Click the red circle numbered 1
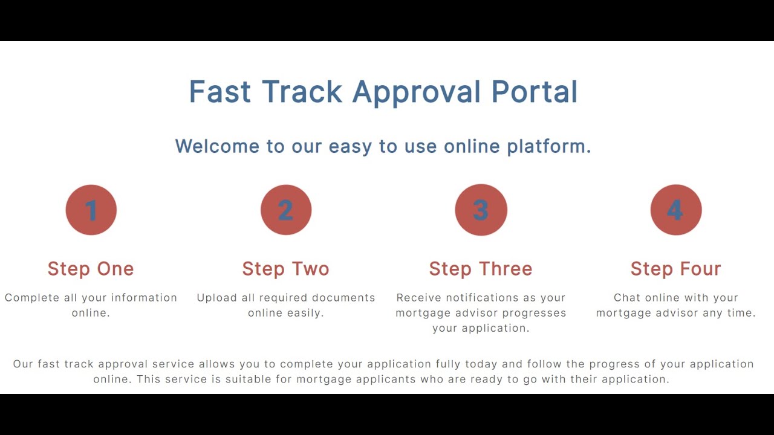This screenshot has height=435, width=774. [91, 210]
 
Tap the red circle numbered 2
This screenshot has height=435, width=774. [286, 210]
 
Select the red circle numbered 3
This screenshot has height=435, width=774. [481, 210]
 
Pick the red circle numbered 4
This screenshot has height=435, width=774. [676, 210]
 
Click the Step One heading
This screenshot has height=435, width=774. [91, 269]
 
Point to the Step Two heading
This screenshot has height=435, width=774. [286, 269]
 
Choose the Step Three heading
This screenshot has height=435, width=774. [481, 269]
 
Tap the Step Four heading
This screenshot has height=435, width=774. [676, 269]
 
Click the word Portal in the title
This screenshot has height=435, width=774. [535, 92]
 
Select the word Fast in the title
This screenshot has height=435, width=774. [220, 92]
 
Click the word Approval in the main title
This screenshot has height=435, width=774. [417, 92]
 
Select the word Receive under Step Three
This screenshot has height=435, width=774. [420, 298]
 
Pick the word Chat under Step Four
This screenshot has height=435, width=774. [626, 298]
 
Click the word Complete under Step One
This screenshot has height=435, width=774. [31, 298]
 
